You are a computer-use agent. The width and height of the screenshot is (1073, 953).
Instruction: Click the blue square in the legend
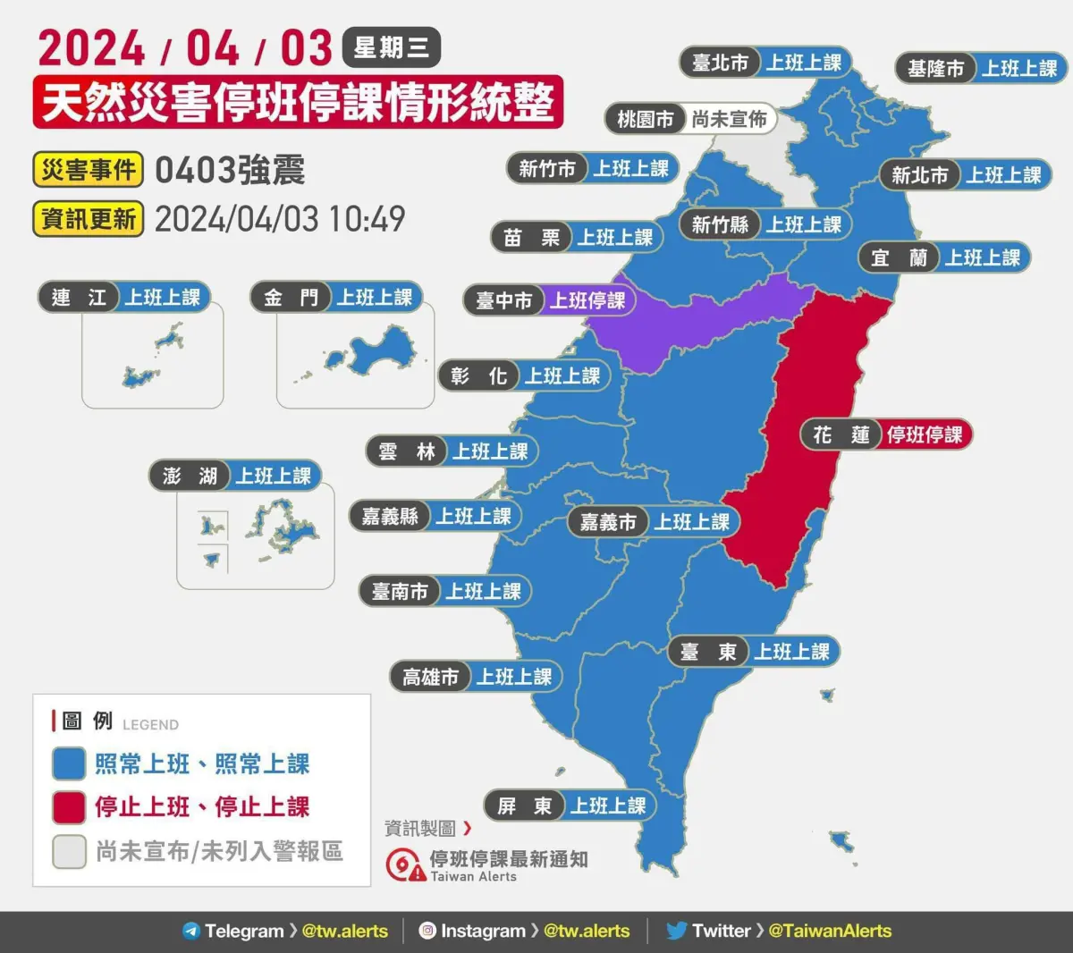[x=69, y=764]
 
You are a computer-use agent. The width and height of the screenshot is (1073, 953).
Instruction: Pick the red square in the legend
[x=69, y=807]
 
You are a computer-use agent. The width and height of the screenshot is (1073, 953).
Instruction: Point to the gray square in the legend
[x=69, y=851]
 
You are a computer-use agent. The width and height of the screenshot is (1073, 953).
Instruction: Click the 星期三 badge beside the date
[x=391, y=47]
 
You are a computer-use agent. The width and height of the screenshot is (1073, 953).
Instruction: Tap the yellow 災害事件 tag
[x=89, y=169]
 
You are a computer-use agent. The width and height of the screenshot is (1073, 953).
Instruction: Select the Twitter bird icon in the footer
[x=677, y=931]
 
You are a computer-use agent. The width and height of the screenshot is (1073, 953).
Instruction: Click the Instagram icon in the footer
[x=427, y=931]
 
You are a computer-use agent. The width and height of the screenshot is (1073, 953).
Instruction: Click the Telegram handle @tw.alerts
[x=345, y=931]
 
